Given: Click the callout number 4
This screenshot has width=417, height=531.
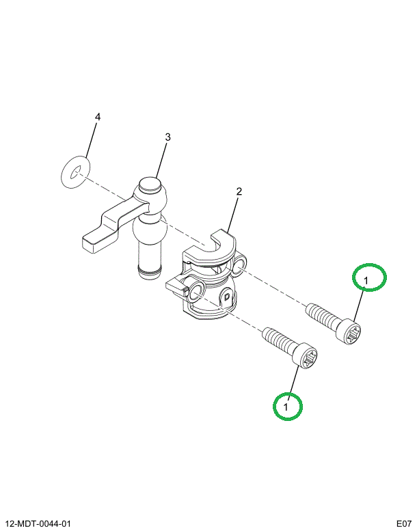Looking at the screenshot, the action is (98, 117).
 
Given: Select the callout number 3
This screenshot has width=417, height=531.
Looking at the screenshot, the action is (167, 137).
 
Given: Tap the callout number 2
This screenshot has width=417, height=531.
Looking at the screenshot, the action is (239, 191).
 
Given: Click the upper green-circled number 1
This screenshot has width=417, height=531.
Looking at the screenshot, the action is (366, 280).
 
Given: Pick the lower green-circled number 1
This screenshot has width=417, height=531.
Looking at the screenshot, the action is (286, 407).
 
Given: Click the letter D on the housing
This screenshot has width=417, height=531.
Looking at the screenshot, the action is (228, 297).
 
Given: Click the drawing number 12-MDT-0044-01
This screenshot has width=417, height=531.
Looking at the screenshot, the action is (38, 523).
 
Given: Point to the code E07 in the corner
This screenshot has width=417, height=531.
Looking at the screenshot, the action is (404, 523).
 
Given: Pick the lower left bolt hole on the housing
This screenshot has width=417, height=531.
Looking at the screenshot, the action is (197, 291).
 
